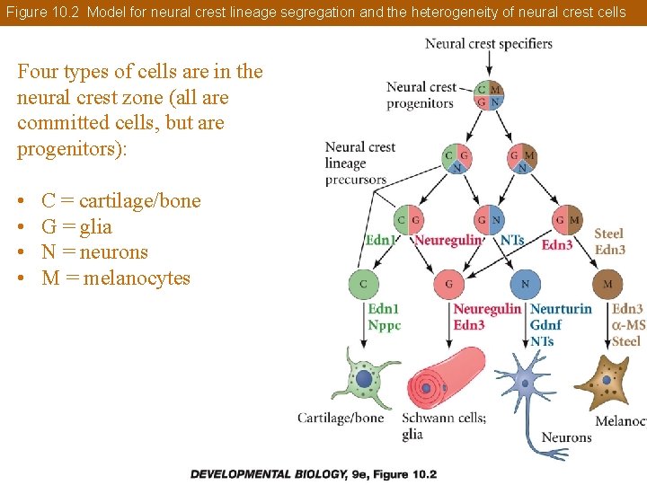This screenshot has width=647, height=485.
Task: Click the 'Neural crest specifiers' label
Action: (x=488, y=43)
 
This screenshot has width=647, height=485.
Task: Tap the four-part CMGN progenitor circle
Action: (x=490, y=95)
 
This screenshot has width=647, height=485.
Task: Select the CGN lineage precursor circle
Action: (x=457, y=159)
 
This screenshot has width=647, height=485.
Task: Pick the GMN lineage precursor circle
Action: (x=522, y=159)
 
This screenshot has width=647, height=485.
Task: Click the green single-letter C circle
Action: (x=364, y=284)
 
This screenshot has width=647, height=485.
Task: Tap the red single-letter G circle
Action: (x=448, y=284)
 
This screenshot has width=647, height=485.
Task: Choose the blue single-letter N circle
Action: (x=526, y=284)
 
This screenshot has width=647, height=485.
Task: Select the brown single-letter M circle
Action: (x=608, y=284)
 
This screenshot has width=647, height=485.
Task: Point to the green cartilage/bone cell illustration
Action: (x=364, y=381)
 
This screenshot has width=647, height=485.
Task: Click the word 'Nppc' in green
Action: (x=385, y=325)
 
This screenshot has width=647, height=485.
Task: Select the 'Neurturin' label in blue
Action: (x=561, y=309)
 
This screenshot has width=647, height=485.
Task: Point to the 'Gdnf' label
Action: (x=546, y=325)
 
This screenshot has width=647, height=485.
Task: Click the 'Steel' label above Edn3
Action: (x=608, y=234)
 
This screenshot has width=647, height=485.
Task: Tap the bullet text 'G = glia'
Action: (x=76, y=226)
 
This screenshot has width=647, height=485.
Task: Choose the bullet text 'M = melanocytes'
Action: (x=116, y=278)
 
